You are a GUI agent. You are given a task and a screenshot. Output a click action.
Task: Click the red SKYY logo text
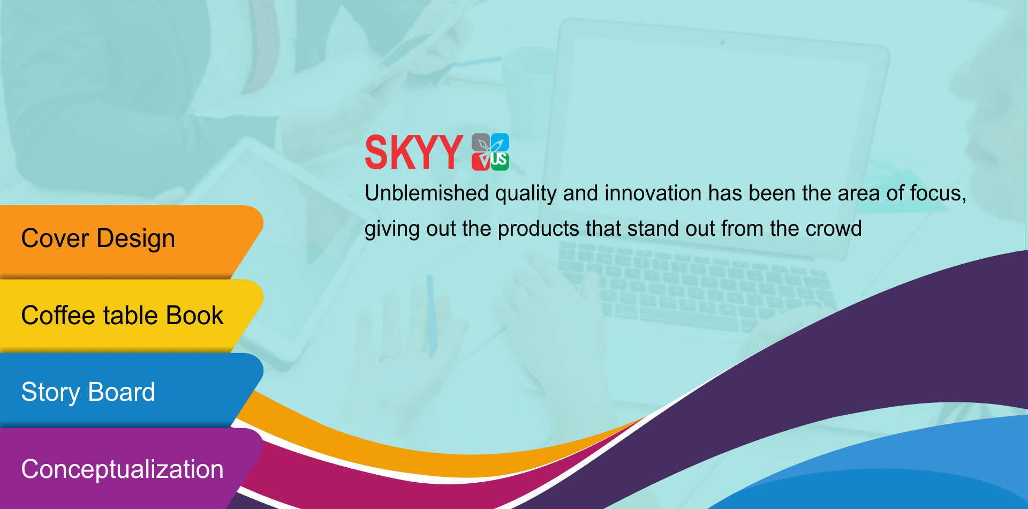point(413,152)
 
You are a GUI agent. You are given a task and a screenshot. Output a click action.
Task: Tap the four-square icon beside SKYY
point(490,152)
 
